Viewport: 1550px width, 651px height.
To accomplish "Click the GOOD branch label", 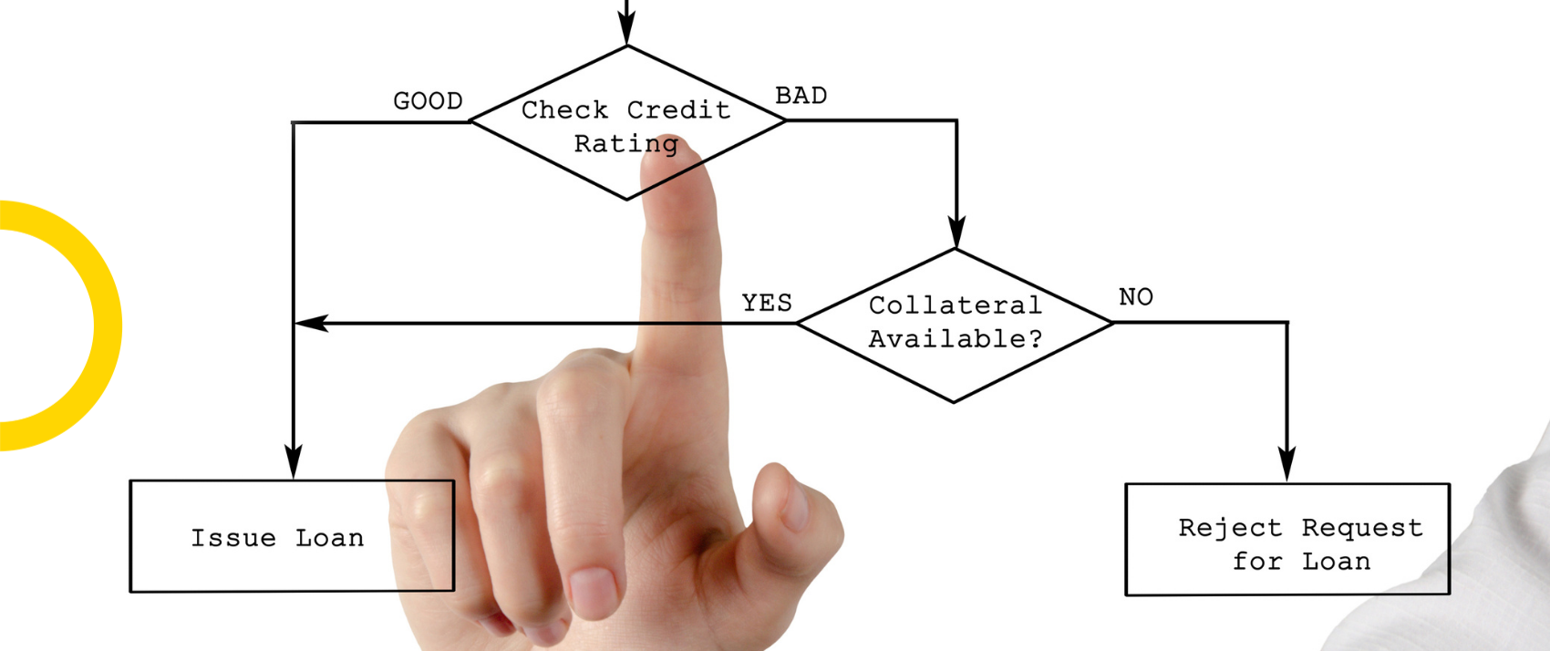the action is coord(428,102).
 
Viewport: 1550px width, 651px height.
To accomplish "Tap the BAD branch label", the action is coord(801,96).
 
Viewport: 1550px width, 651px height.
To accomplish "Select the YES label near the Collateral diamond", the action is coord(767,303).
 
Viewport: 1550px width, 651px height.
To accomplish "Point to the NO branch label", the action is coord(1135,297).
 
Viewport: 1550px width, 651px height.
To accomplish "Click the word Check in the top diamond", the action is coord(564,110).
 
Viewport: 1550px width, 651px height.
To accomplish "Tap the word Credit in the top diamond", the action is coord(679,110).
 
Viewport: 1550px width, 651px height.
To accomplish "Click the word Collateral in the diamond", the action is coord(955,305).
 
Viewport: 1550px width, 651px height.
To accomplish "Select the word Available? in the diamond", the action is coord(955,339).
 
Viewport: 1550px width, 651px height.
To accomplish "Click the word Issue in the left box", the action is coord(233,538).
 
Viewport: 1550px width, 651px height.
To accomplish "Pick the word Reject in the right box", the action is coord(1230,528).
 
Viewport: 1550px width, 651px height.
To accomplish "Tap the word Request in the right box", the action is coord(1362,529).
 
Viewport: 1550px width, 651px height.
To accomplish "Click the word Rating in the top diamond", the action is coord(626,144).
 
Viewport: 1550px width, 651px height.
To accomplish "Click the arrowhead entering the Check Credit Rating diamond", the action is coord(626,27).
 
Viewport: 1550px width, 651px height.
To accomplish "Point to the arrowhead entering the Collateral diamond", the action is coord(956,231).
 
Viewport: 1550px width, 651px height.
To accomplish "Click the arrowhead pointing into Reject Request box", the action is coord(1287,463).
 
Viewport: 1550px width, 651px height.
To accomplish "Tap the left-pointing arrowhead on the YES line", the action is coord(312,323).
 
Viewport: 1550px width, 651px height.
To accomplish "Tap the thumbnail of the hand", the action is coord(794,509).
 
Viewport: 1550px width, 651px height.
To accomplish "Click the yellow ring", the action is coord(108,325).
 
